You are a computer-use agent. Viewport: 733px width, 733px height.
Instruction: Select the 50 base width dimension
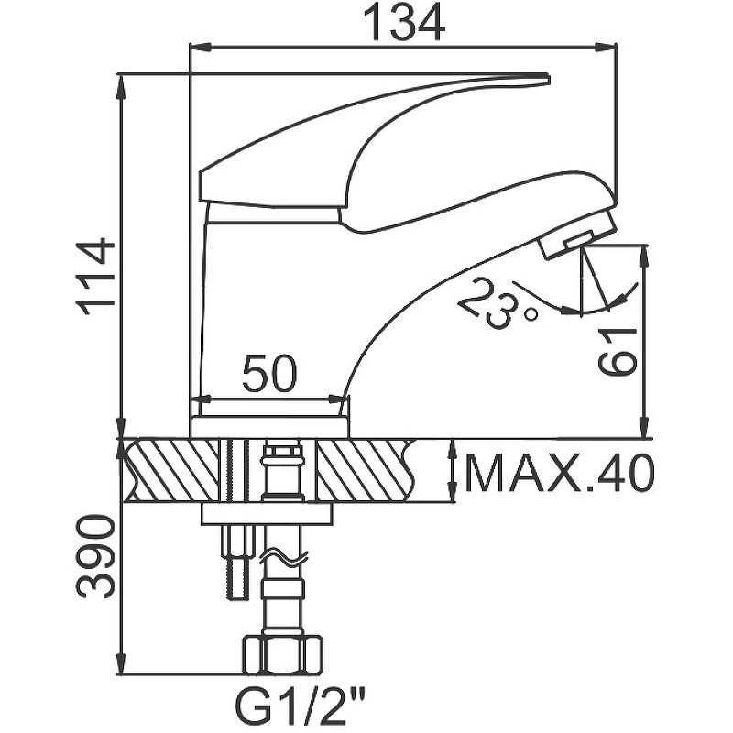[x=270, y=374]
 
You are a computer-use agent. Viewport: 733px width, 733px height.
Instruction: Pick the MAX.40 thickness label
[x=559, y=473]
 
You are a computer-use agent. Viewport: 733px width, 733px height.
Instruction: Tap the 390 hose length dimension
[x=96, y=556]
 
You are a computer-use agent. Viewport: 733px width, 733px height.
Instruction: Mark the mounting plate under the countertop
[x=266, y=513]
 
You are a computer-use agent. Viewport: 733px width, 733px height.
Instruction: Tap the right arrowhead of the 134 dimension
[x=608, y=46]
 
